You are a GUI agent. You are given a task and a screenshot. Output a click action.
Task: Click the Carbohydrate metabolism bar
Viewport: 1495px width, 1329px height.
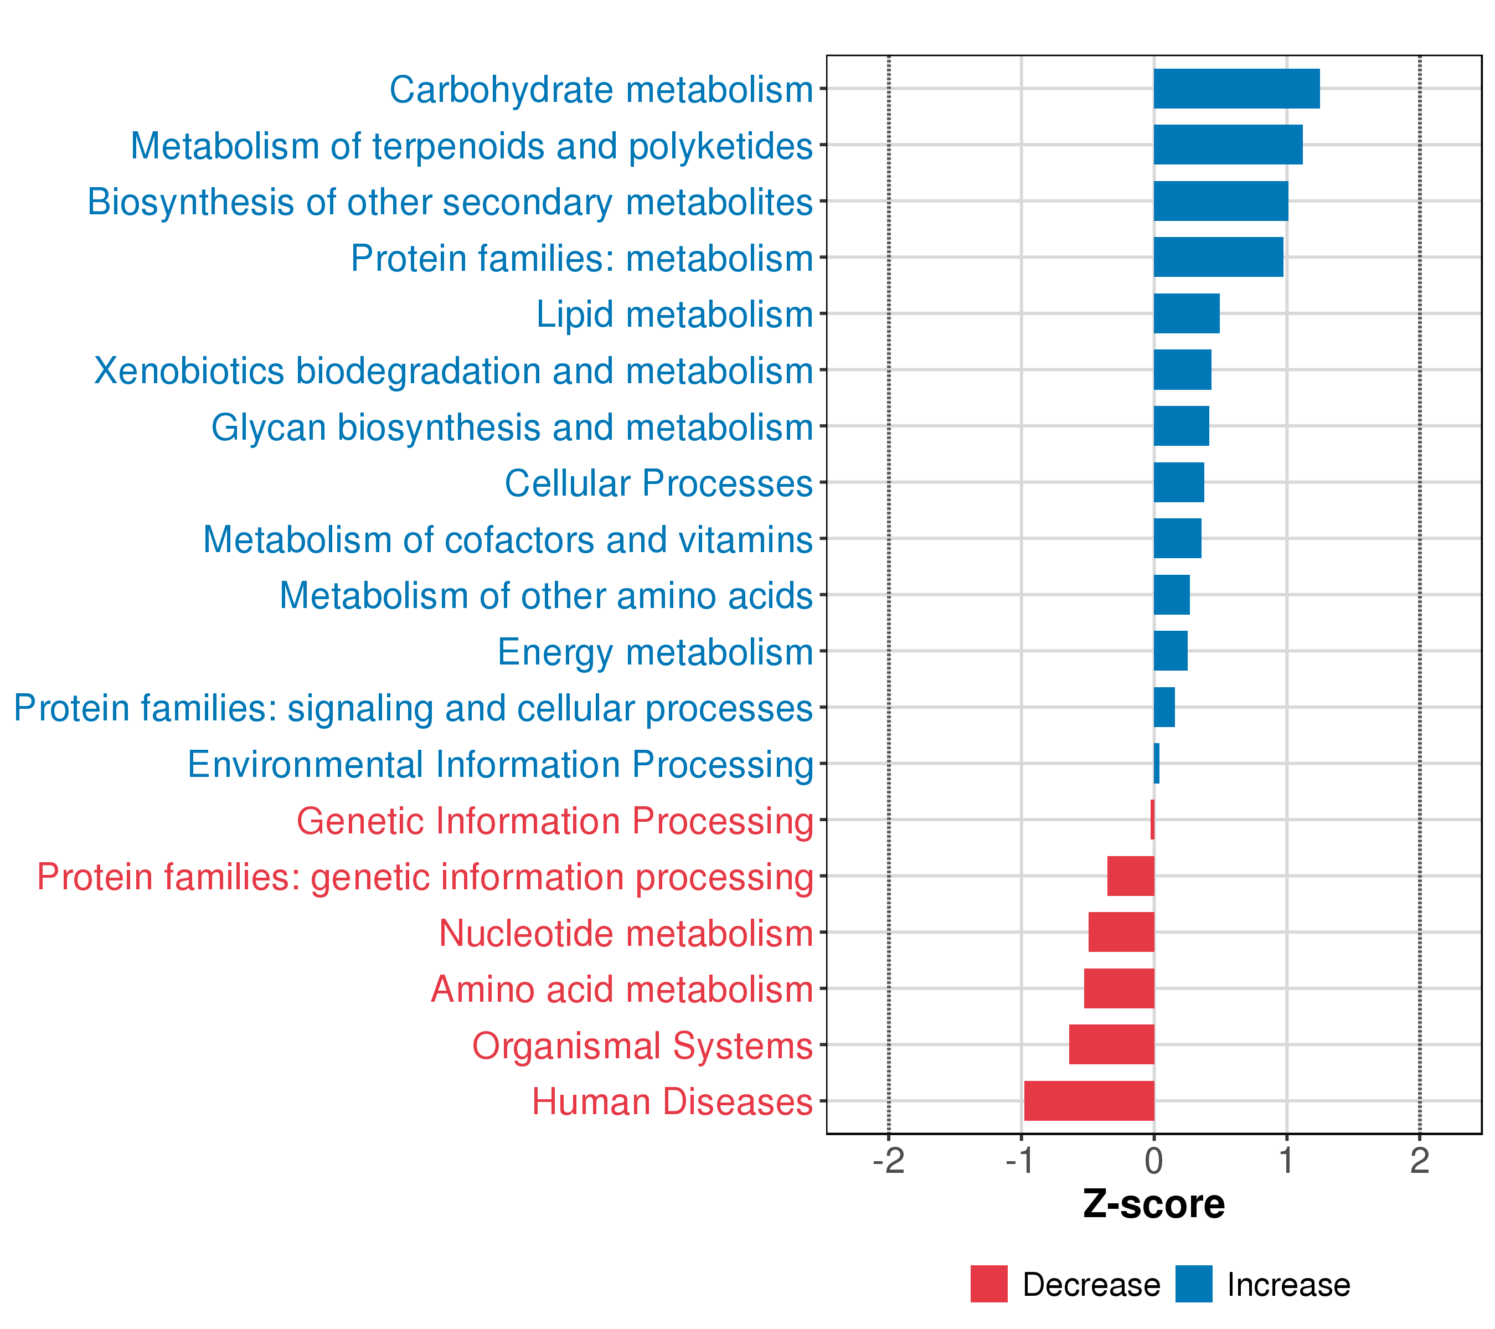coord(1236,89)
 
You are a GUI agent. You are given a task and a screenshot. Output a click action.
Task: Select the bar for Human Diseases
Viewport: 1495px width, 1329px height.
coord(1089,1100)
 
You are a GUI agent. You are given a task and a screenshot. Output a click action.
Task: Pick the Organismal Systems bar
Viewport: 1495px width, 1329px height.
coord(1111,1044)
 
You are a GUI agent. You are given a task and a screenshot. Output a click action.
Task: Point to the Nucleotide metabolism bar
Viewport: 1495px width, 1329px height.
coord(1121,932)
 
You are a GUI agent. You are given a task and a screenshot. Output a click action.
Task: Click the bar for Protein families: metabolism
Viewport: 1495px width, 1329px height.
coord(1218,257)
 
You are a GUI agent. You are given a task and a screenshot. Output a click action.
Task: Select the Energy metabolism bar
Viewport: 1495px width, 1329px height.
coord(1171,650)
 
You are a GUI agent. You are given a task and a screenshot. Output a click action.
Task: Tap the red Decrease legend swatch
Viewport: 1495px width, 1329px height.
coord(988,1284)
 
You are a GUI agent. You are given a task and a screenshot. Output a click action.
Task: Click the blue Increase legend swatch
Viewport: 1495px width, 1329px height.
coord(1194,1284)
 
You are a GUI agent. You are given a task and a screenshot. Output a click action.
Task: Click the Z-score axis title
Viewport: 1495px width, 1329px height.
coord(1153,1204)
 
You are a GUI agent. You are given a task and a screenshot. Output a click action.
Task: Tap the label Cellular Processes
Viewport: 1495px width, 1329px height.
coord(658,483)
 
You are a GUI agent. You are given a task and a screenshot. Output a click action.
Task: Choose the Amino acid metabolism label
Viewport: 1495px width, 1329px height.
coord(622,990)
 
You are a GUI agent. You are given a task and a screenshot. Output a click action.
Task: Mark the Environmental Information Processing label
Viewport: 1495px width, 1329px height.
coord(501,764)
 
